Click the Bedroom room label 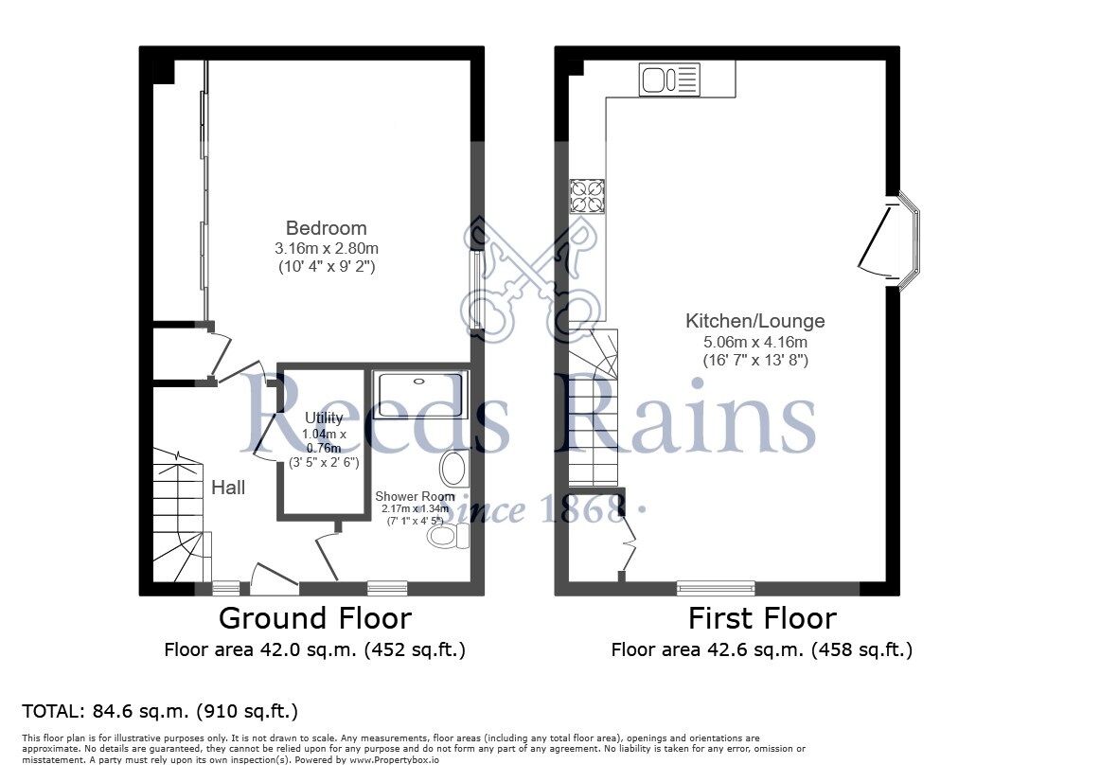click(326, 228)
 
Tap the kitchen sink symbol click(669, 80)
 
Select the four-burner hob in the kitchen click(587, 196)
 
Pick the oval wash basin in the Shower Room click(454, 469)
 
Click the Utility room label click(317, 418)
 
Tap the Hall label click(228, 488)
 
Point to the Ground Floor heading click(314, 618)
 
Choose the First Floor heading click(761, 618)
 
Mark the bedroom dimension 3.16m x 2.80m click(326, 248)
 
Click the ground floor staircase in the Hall click(180, 516)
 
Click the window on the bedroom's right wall click(477, 290)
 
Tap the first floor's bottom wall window click(716, 588)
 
